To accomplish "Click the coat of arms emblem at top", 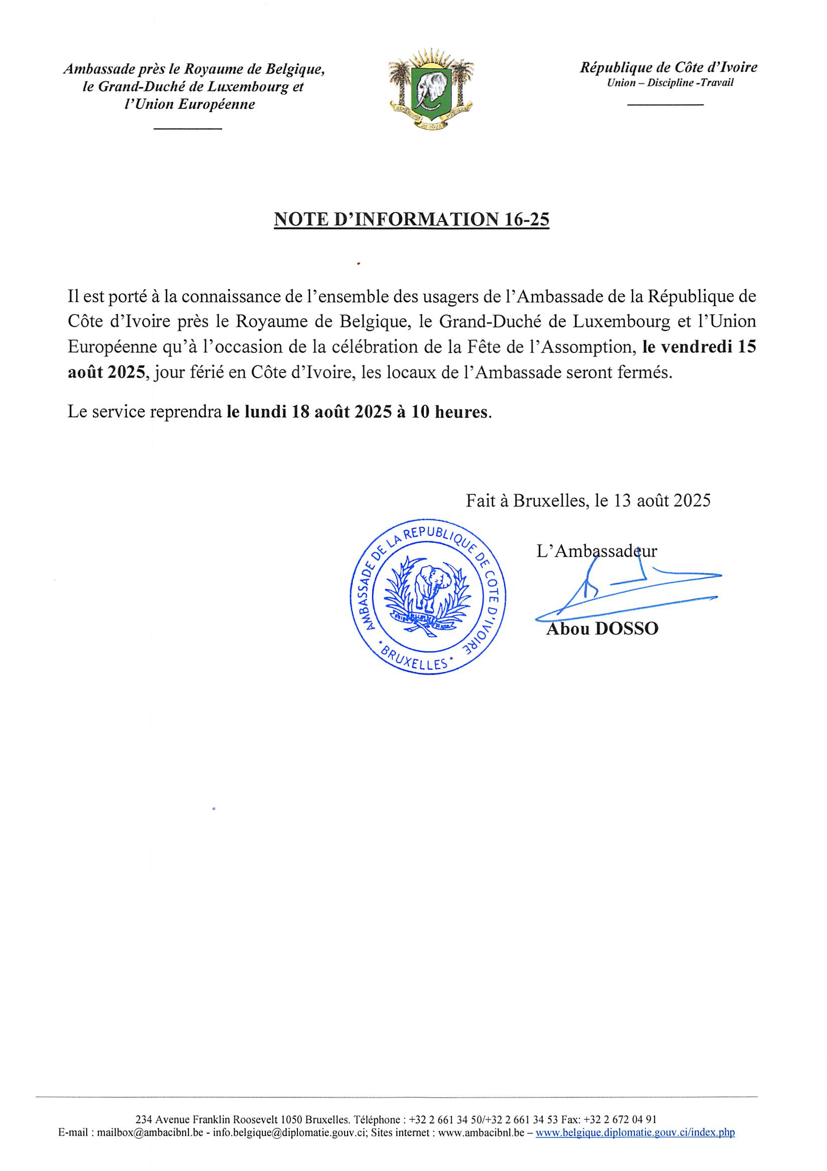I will (x=431, y=88).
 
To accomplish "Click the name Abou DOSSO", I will (x=602, y=629).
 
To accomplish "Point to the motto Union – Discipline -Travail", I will (x=670, y=83).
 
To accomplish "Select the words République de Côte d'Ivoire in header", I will (x=669, y=67).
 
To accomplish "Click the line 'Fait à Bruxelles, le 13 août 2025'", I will (x=588, y=501).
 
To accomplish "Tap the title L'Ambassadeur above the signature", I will (x=596, y=551).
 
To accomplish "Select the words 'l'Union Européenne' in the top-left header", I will (x=193, y=105).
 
